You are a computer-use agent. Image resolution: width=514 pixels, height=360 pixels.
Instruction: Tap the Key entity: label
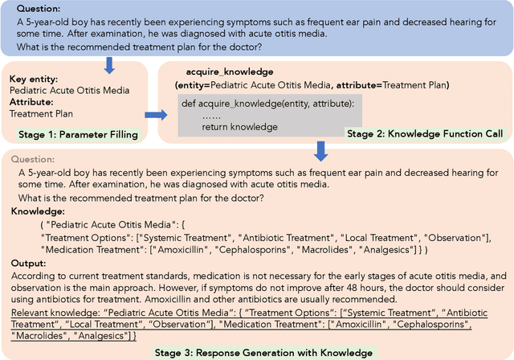click(x=31, y=79)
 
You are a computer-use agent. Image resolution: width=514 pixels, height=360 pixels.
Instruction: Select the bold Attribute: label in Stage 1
click(x=31, y=102)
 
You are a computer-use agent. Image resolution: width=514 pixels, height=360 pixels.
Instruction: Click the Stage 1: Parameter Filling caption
click(x=71, y=134)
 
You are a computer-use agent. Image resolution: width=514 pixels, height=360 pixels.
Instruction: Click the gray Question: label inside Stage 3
click(x=38, y=159)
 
